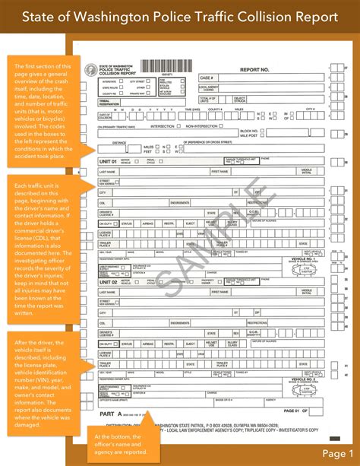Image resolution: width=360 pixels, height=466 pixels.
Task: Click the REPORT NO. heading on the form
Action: pyautogui.click(x=254, y=69)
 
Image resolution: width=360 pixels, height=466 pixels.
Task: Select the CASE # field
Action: pyautogui.click(x=207, y=78)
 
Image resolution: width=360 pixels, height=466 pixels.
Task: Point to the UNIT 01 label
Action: pyautogui.click(x=109, y=161)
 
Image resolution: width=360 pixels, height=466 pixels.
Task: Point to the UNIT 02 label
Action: pyautogui.click(x=109, y=281)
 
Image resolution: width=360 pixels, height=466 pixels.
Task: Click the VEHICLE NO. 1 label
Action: pyautogui.click(x=304, y=258)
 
